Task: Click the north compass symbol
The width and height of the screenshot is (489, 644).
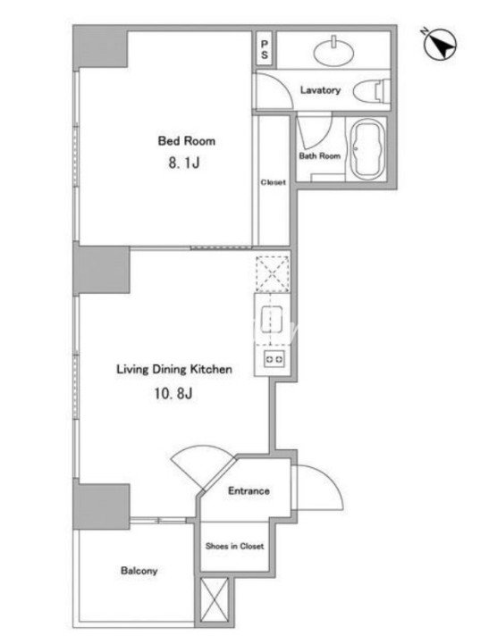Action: click(x=440, y=43)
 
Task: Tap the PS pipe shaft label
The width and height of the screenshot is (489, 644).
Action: click(x=265, y=48)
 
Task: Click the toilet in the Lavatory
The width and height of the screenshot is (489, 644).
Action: click(x=372, y=90)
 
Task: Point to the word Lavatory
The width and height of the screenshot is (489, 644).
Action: click(x=320, y=90)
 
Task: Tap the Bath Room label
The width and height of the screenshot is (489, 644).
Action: click(x=319, y=156)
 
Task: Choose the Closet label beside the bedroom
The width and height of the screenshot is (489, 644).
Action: click(x=273, y=182)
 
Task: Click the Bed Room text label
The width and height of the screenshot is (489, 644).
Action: click(x=187, y=141)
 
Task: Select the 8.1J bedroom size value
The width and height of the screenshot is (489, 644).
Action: click(x=184, y=163)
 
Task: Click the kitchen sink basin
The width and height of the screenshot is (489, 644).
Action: click(x=272, y=319)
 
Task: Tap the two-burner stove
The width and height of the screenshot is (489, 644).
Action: click(x=274, y=359)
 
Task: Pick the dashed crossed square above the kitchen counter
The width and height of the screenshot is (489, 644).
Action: click(x=272, y=273)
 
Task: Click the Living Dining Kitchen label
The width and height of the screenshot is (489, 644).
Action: click(x=174, y=369)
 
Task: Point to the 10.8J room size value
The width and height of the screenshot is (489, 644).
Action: click(x=173, y=394)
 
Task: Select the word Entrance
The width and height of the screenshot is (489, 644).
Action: click(x=249, y=490)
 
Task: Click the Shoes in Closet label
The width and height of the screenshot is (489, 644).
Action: click(x=234, y=547)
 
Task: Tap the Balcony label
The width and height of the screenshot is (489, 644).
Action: click(x=139, y=571)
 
